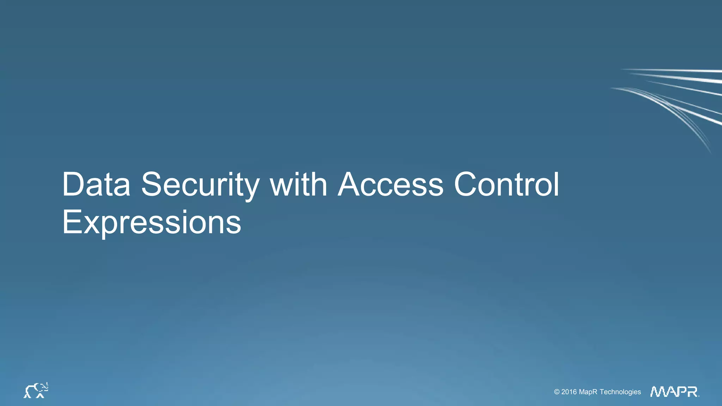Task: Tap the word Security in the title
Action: pos(200,185)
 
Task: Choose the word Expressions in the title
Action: pos(152,222)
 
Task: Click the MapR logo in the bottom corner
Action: pos(674,392)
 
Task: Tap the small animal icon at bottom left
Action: pos(36,390)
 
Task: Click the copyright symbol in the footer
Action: pos(557,392)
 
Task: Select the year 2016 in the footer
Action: pos(569,392)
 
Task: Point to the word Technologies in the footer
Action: pos(620,392)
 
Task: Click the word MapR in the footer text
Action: pos(588,392)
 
